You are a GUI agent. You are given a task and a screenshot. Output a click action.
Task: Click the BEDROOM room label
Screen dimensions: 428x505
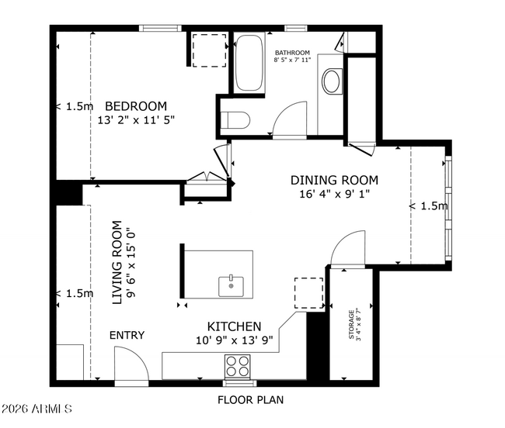coord(136,106)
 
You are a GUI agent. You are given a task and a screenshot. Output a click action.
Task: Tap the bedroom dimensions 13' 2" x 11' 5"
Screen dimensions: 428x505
coord(136,120)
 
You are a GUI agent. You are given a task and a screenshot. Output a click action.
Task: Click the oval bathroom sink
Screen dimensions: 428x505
coord(331,81)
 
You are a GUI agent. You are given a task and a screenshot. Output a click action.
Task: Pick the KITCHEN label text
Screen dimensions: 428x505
coord(234,326)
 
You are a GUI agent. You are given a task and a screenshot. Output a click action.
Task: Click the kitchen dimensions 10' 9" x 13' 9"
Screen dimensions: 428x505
coord(234,340)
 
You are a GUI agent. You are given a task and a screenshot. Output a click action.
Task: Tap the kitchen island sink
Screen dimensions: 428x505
coord(231,285)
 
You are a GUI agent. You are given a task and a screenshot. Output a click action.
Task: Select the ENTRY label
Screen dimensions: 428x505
coord(126,335)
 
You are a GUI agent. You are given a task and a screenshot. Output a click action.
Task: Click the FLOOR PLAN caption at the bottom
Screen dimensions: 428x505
coord(249,400)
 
